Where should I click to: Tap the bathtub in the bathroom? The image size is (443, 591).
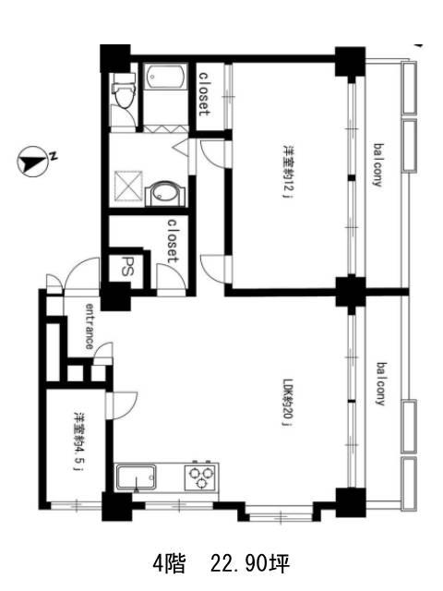tap(166, 77)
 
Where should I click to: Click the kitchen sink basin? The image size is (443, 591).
tap(136, 478)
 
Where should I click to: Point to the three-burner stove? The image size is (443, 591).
tap(200, 476)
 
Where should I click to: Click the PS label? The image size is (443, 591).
tap(126, 267)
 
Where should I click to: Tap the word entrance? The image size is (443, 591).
tap(90, 326)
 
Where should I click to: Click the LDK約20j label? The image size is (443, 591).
tap(288, 402)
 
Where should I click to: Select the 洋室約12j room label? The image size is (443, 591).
tap(288, 171)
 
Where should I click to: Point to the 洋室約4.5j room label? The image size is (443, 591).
tap(78, 441)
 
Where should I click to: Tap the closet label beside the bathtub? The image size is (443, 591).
tap(204, 94)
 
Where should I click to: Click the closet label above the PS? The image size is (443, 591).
tap(173, 240)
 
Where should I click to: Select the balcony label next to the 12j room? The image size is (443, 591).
tap(378, 164)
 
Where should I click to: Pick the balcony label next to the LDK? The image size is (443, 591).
tap(382, 384)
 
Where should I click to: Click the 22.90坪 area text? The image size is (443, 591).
tap(250, 564)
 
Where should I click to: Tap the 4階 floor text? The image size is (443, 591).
tap(169, 564)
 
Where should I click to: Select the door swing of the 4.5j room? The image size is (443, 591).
tap(122, 405)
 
